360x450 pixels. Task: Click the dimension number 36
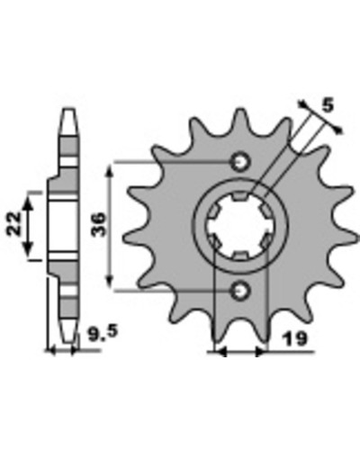pyautogui.click(x=99, y=224)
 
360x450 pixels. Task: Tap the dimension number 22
pyautogui.click(x=14, y=223)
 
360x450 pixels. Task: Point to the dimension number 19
pyautogui.click(x=294, y=339)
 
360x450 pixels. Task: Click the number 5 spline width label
pyautogui.click(x=328, y=106)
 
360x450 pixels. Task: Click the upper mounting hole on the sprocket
pyautogui.click(x=239, y=162)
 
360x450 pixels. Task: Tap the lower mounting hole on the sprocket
pyautogui.click(x=239, y=291)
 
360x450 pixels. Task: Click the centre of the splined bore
pyautogui.click(x=240, y=227)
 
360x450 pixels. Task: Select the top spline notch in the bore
pyautogui.click(x=240, y=196)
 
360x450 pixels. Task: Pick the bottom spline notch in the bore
pyautogui.click(x=240, y=256)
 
